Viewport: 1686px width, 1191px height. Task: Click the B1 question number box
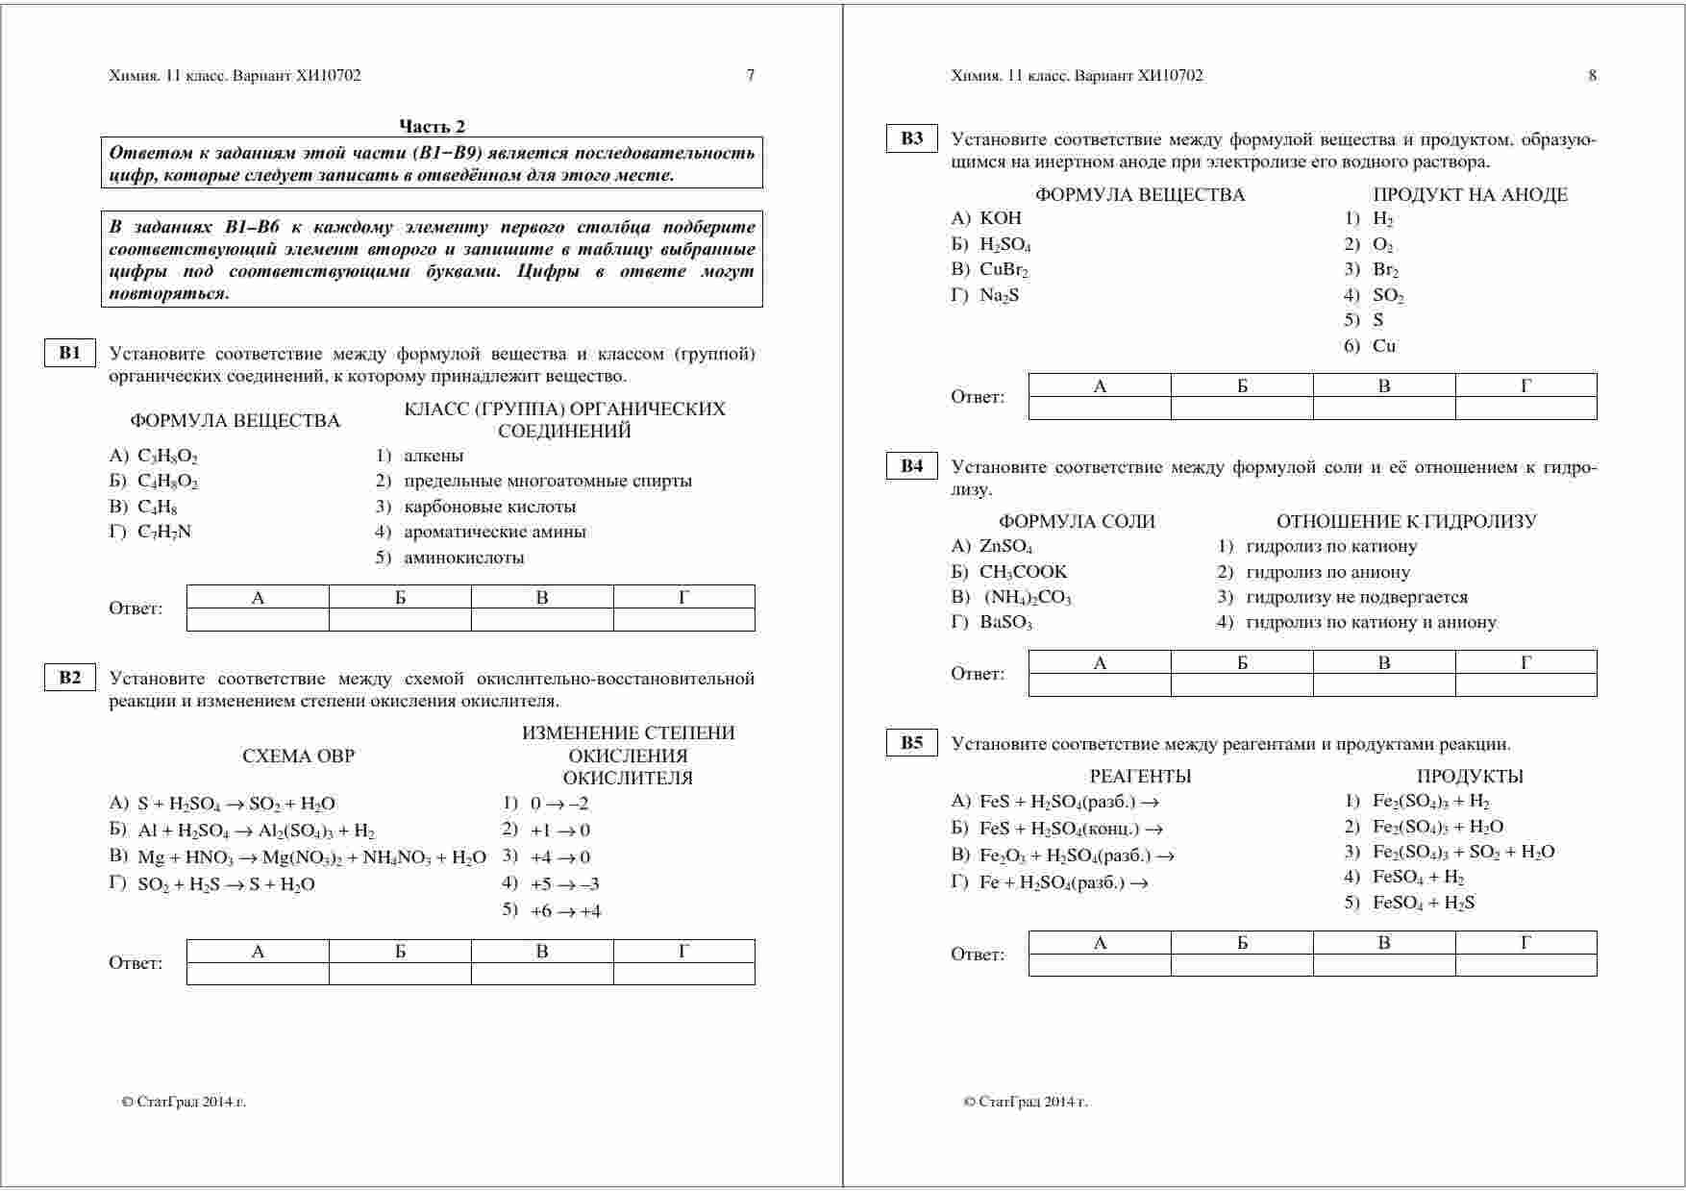pos(70,353)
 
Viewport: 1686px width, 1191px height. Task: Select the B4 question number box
pos(911,466)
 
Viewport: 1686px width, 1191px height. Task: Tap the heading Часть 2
pos(432,126)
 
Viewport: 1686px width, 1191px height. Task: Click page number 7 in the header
pos(751,75)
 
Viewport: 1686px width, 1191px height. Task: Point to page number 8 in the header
pos(1592,75)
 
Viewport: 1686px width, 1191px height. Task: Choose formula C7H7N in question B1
pos(164,532)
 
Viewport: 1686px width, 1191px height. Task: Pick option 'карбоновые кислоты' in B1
pos(489,507)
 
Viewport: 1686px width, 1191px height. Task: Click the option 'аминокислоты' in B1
pos(463,558)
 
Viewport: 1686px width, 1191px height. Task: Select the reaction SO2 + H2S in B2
pos(226,884)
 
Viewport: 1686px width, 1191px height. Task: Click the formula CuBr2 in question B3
pos(1004,270)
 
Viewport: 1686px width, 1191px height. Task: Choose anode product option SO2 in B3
pos(1388,296)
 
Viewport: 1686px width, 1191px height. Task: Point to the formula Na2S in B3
pos(999,295)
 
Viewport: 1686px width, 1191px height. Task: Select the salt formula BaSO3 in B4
pos(1005,622)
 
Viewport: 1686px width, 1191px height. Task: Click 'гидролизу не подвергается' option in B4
pos(1356,597)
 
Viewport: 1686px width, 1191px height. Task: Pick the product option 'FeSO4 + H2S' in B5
pos(1423,903)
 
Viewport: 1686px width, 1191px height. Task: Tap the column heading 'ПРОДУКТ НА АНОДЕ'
pos(1470,195)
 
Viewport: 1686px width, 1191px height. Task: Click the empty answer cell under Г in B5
pos(1525,965)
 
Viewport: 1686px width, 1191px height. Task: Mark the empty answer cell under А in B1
pos(258,620)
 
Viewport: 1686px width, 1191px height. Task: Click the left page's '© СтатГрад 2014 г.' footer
pos(184,1102)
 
